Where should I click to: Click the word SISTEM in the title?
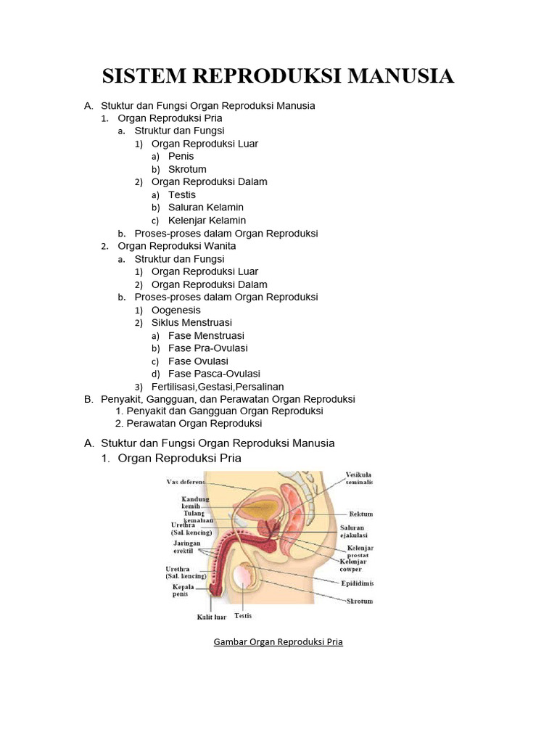(143, 75)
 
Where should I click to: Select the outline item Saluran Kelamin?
(205, 208)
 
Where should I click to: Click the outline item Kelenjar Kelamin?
(207, 220)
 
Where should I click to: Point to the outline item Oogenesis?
(176, 310)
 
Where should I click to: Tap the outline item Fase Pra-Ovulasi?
(207, 348)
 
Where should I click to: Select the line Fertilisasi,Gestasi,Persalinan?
(218, 387)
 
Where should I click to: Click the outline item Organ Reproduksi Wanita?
(176, 246)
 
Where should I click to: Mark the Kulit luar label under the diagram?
(212, 617)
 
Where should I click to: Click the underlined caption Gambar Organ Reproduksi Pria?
(278, 642)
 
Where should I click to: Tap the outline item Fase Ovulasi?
(198, 361)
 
